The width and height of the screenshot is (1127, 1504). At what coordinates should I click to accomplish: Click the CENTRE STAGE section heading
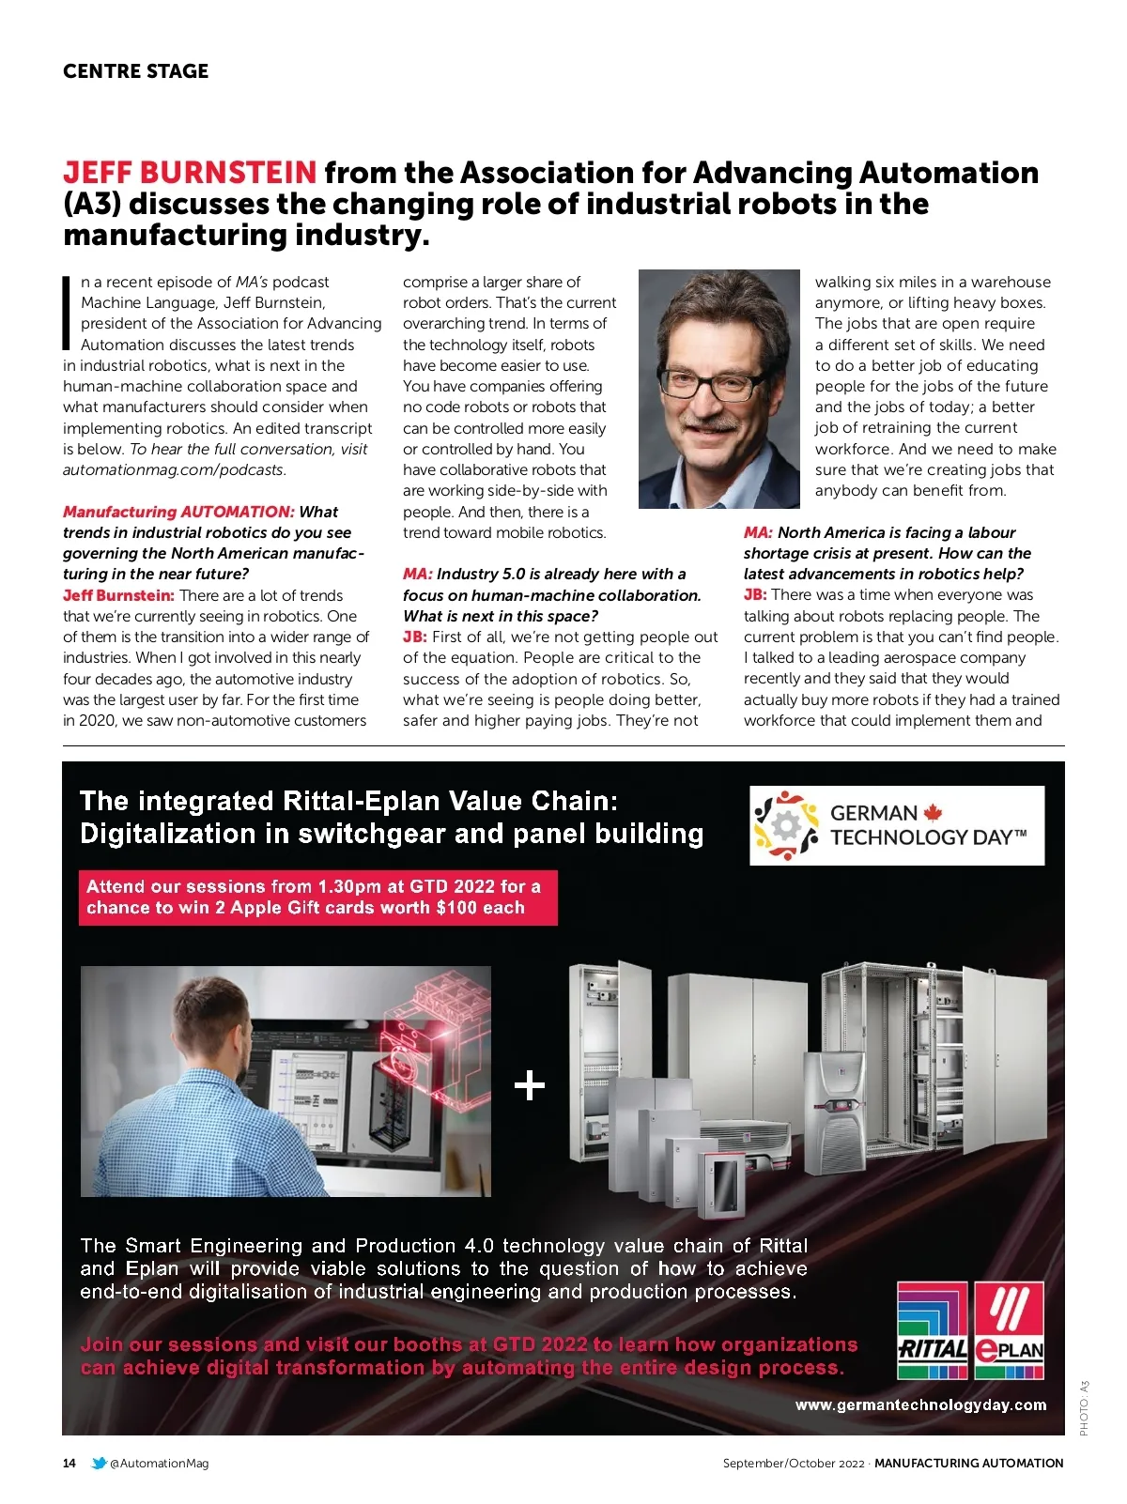(135, 71)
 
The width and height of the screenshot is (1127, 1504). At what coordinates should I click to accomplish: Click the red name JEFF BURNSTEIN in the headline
(190, 173)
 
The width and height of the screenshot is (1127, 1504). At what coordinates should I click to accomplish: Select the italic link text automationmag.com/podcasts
(174, 469)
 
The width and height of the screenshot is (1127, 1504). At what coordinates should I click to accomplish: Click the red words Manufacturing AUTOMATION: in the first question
(178, 512)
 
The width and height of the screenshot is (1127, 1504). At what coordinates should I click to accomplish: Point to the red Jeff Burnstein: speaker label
(118, 595)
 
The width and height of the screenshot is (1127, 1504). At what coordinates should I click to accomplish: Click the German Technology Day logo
(896, 825)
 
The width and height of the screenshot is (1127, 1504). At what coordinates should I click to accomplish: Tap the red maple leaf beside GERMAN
(932, 812)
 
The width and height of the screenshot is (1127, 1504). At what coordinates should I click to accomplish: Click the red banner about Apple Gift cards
(317, 897)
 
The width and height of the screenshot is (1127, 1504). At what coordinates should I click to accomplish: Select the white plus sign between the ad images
(530, 1085)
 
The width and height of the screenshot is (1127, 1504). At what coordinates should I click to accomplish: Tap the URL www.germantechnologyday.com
(920, 1404)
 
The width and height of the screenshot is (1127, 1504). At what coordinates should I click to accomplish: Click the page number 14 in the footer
(69, 1463)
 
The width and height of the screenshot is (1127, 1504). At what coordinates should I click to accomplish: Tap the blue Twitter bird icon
(99, 1463)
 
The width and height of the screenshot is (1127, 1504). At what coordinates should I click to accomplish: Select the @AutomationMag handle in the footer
(159, 1463)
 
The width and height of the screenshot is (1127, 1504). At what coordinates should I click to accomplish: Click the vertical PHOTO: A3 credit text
(1084, 1407)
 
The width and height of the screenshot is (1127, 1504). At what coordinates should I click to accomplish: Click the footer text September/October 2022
(793, 1463)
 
